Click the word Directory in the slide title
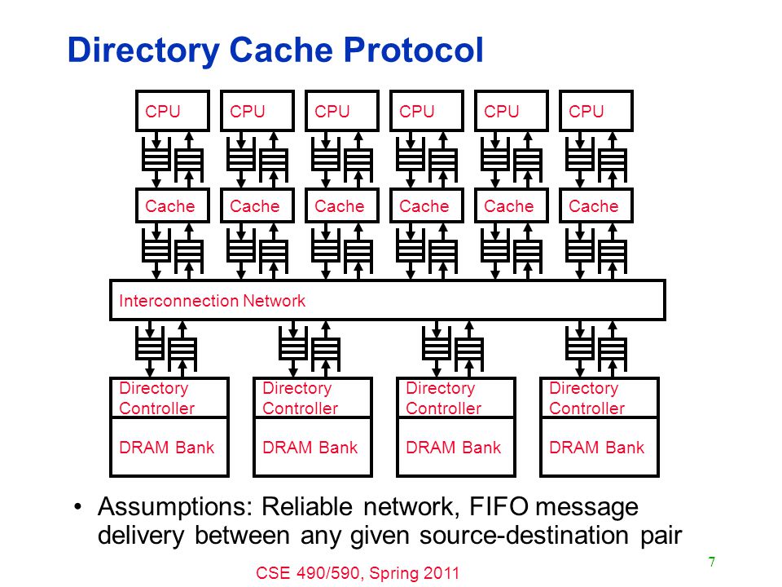(x=143, y=51)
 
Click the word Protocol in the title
(x=414, y=50)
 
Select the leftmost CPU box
(x=173, y=111)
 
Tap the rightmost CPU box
(x=596, y=111)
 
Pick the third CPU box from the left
(x=342, y=111)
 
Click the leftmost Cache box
(x=173, y=205)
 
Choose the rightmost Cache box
(x=596, y=205)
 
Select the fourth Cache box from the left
(x=427, y=205)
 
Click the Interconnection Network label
(x=212, y=301)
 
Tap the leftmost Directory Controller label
(x=156, y=398)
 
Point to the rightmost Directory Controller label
(x=586, y=398)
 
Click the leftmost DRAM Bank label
(x=166, y=448)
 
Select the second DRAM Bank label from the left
(x=310, y=448)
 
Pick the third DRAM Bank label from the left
(x=454, y=448)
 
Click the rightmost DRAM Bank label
(x=596, y=448)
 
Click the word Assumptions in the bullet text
(x=176, y=508)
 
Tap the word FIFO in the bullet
(x=499, y=506)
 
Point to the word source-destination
(x=524, y=536)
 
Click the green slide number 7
(x=712, y=562)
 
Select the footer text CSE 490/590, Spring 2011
(x=358, y=573)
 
